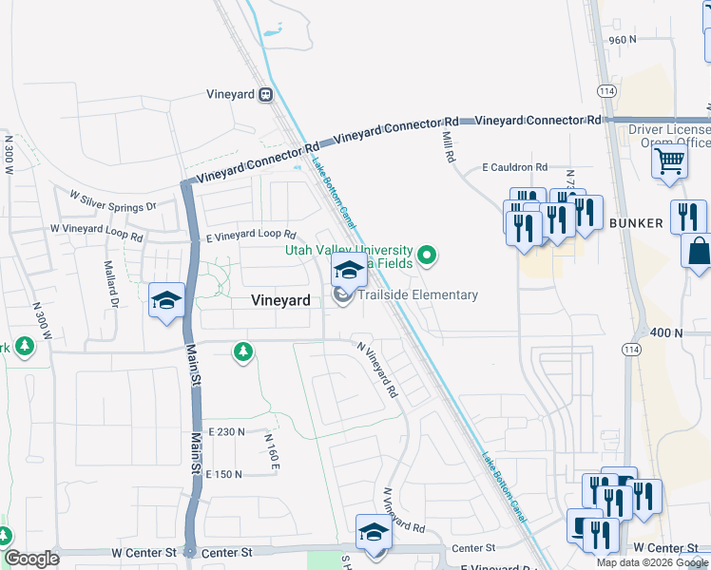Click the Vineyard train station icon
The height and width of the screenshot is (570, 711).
pos(265,94)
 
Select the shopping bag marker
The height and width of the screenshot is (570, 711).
pos(699,251)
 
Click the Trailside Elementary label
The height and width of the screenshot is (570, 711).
pos(417,295)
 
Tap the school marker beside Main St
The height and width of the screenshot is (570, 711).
pos(166,300)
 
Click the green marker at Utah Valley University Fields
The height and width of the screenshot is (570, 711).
pos(428,254)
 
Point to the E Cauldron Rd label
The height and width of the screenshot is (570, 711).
pos(514,167)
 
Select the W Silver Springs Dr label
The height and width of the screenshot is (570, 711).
pos(113,200)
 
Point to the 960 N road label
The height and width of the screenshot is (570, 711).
pos(622,40)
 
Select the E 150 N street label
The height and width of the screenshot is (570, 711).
pos(224,474)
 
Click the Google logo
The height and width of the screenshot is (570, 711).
pos(31,559)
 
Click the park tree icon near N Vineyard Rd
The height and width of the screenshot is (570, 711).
pos(243,353)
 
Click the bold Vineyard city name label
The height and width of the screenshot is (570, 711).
pos(280,300)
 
